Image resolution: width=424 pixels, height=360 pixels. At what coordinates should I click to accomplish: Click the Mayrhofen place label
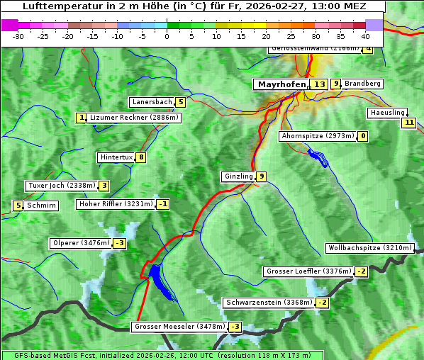tap(281, 84)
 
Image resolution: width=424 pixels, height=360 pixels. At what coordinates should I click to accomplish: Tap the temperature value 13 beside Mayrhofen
tap(320, 84)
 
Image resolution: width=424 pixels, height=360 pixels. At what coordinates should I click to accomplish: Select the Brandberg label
tap(362, 84)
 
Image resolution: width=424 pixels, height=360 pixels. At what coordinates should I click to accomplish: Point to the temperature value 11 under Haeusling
tap(408, 123)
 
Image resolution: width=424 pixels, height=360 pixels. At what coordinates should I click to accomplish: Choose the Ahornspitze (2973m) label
tap(317, 136)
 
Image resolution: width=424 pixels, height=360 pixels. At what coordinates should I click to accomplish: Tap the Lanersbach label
tap(152, 102)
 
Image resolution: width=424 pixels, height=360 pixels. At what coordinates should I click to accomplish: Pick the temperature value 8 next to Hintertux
tap(141, 157)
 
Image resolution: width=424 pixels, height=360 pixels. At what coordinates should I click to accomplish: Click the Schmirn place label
tap(42, 206)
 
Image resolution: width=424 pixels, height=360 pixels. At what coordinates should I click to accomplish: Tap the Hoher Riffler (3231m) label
tap(116, 204)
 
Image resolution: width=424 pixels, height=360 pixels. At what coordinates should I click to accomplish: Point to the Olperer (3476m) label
tap(81, 243)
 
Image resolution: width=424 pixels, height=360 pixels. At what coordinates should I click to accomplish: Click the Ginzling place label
tap(238, 176)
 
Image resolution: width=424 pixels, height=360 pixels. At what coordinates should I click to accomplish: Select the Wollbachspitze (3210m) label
tap(369, 248)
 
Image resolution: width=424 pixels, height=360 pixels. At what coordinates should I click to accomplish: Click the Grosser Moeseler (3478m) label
tap(179, 327)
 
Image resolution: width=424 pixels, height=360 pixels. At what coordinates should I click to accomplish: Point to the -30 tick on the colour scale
tap(18, 35)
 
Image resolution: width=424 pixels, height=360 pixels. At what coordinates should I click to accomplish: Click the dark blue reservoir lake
tap(158, 278)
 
